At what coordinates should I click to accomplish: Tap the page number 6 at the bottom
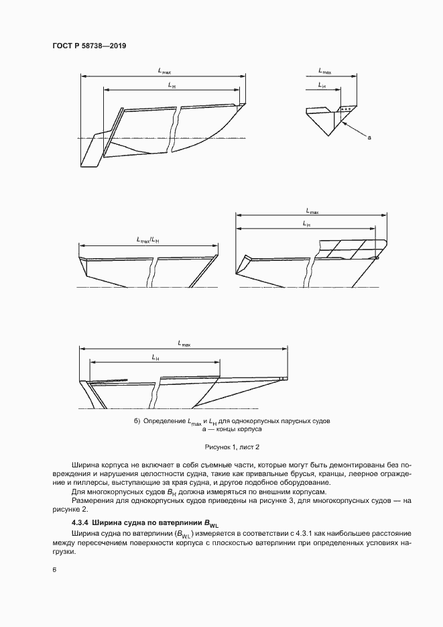pos(54,569)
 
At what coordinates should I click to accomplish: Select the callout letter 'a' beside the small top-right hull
pos(369,137)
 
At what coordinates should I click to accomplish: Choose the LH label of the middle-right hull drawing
pos(306,223)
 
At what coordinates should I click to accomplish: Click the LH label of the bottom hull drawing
pos(155,357)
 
